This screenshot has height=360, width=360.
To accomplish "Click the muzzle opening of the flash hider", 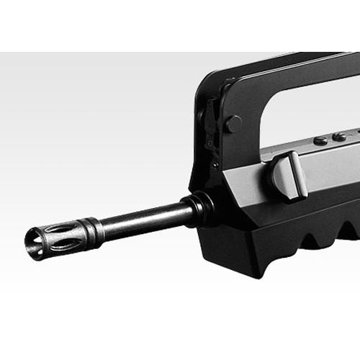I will click(x=32, y=240).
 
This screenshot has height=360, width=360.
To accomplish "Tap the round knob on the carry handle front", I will click(x=233, y=123).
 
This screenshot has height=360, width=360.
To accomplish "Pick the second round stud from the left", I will click(x=338, y=135).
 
